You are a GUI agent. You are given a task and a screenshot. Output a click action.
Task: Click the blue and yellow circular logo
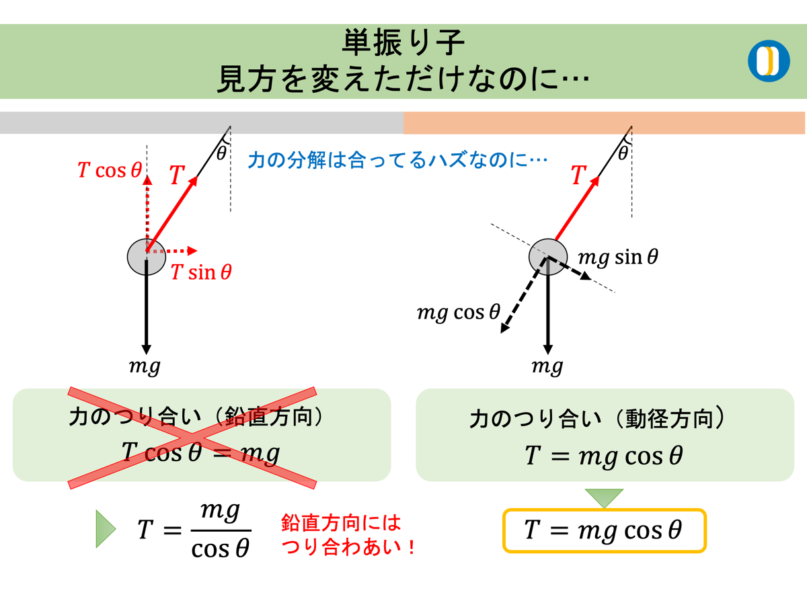click(769, 61)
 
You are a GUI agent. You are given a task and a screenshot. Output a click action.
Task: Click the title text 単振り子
click(403, 44)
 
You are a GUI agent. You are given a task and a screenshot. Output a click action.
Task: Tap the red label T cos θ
click(110, 171)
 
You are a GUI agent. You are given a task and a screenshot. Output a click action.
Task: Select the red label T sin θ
click(201, 272)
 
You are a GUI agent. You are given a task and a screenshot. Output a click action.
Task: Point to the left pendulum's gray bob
click(146, 256)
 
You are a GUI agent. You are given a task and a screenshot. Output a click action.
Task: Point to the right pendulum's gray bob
click(548, 257)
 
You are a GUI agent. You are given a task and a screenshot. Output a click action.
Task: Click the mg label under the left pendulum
click(145, 367)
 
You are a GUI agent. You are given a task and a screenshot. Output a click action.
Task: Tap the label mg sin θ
click(618, 257)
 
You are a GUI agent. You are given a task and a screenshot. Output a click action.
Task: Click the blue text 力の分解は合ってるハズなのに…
click(397, 160)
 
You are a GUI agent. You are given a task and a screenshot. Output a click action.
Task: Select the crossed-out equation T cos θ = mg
click(200, 453)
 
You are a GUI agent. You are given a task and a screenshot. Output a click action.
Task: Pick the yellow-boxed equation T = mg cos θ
click(604, 530)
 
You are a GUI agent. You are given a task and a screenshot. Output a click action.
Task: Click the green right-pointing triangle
click(106, 529)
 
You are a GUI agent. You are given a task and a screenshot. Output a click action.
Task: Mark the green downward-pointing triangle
click(604, 498)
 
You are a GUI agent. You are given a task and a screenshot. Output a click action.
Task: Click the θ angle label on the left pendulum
click(221, 153)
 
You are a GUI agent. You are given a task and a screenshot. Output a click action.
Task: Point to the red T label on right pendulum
click(578, 176)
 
